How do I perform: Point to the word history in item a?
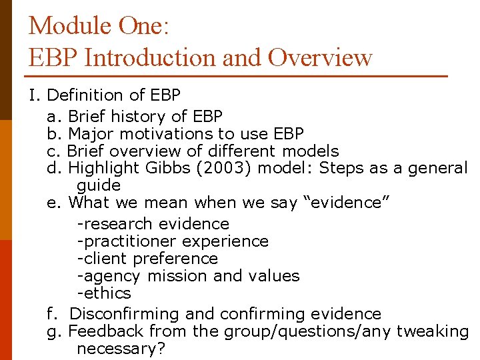click(140, 117)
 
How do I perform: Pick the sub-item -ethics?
click(104, 293)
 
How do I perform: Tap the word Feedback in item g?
click(106, 331)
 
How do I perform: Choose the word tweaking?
click(433, 331)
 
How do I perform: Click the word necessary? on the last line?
click(121, 349)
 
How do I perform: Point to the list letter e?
click(53, 203)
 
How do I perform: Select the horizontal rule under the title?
click(237, 76)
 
